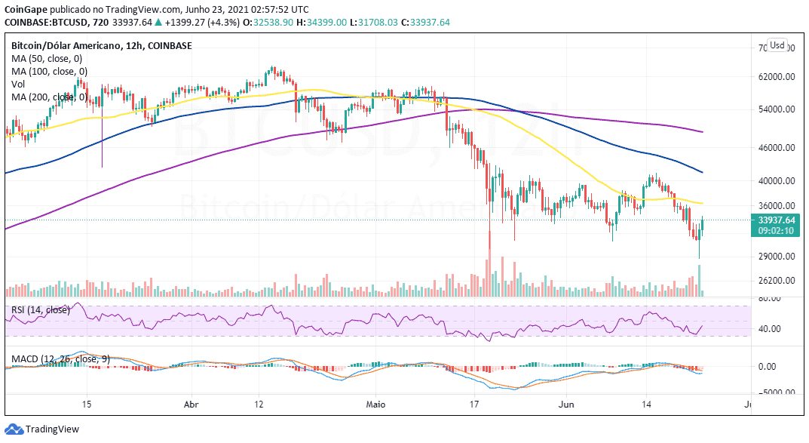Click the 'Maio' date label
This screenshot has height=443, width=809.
[375, 405]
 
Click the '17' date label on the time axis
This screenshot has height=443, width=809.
[474, 405]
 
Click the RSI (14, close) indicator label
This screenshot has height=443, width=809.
[40, 309]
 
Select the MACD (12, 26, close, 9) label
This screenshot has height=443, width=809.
[60, 358]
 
